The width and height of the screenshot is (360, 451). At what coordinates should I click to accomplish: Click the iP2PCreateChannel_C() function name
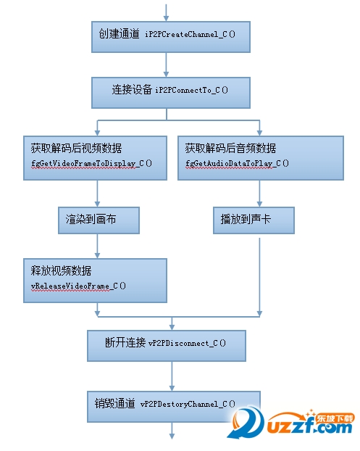coord(191,35)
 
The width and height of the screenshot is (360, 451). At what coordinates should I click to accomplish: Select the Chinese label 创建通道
coord(119,33)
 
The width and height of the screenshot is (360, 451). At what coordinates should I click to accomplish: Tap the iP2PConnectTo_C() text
coord(192,91)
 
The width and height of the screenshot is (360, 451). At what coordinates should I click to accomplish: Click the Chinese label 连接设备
coord(132,89)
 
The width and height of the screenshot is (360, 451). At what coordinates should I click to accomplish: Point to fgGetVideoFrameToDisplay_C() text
coord(92,163)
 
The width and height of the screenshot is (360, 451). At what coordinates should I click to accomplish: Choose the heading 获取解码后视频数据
coord(77,148)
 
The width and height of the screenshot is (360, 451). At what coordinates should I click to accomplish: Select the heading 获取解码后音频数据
coord(230,148)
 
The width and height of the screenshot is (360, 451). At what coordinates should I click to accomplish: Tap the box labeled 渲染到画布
coord(99,220)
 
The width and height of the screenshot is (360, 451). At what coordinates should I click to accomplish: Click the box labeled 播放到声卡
coord(254,220)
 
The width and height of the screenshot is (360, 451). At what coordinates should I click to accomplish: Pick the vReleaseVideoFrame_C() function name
coord(78,286)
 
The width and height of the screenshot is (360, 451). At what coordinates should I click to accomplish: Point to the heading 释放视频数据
coord(61,270)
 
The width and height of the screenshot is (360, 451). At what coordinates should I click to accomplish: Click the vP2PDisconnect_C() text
coord(187,343)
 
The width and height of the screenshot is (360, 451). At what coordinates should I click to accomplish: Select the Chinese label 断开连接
coord(125,342)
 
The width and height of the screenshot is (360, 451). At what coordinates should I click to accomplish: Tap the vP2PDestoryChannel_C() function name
coord(188,404)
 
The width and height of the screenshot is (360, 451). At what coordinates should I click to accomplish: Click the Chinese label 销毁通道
coord(115,403)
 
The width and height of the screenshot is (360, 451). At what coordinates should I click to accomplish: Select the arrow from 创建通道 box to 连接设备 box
coord(166,65)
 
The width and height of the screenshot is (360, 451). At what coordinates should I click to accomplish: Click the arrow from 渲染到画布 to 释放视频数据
coord(97,246)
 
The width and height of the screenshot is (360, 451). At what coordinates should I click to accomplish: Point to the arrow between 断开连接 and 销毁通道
coord(172,376)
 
